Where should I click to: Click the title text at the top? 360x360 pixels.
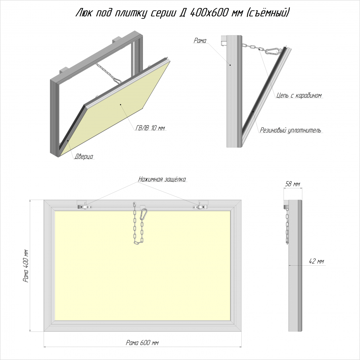(182, 13)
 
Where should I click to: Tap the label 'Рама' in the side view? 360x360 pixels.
(200, 41)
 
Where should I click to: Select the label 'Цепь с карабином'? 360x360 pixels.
(299, 95)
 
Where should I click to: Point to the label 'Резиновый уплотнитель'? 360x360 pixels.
(290, 130)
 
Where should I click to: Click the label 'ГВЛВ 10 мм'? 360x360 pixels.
(150, 128)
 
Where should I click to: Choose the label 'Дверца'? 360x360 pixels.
(84, 156)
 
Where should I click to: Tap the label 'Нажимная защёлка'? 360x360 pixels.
(162, 179)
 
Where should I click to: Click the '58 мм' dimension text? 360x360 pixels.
(293, 184)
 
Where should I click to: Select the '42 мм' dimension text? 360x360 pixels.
(316, 261)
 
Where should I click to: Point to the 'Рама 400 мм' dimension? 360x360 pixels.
(26, 266)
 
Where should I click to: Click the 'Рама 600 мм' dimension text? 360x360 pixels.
(142, 343)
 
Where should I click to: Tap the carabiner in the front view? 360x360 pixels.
(144, 214)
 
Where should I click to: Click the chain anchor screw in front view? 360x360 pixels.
(135, 203)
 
